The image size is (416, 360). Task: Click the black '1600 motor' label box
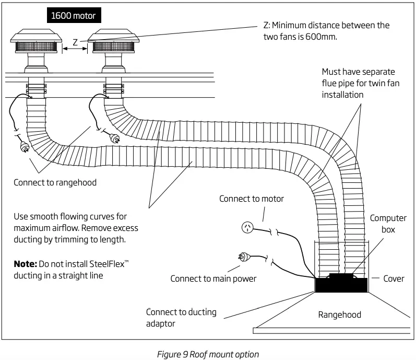click(73, 16)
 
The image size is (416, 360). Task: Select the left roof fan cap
click(35, 39)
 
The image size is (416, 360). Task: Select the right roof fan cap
click(113, 39)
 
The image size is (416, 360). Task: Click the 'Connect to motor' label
click(252, 199)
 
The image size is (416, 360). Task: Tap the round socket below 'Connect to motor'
click(247, 227)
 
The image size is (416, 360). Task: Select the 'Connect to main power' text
click(213, 278)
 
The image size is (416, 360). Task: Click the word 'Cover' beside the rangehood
click(394, 278)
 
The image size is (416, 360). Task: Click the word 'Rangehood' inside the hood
click(339, 315)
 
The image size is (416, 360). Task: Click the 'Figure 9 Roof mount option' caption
click(208, 354)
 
